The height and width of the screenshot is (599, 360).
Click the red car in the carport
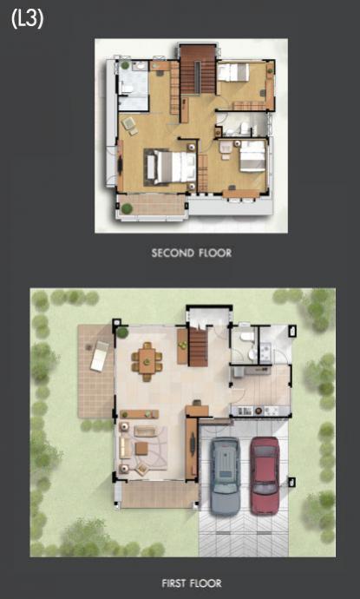(265, 475)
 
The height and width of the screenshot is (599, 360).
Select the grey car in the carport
(226, 477)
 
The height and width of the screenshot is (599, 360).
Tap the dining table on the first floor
(147, 361)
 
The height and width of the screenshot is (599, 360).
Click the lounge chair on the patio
(100, 356)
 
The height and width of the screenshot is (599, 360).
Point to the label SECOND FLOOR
(192, 253)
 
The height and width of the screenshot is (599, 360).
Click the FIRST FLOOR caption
(192, 583)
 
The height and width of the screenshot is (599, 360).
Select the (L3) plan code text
(27, 19)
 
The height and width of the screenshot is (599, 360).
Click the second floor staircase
(198, 70)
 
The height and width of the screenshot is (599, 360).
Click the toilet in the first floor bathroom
(245, 336)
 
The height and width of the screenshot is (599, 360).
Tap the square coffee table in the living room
(141, 448)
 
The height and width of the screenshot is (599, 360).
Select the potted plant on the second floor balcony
(127, 208)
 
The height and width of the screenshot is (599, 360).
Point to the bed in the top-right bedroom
(233, 72)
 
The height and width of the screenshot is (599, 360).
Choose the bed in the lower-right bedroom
(252, 156)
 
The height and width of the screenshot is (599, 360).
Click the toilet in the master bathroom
(126, 89)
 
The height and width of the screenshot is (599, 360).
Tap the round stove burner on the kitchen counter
(259, 411)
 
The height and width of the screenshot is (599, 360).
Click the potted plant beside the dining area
(122, 332)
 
